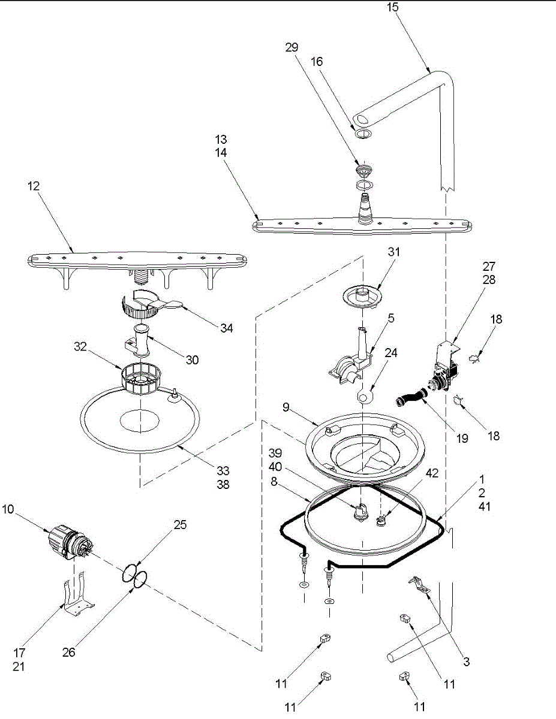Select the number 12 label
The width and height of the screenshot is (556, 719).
pos(33,186)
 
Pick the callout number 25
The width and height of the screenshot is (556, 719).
pos(180,525)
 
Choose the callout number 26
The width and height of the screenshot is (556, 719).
pos(69,652)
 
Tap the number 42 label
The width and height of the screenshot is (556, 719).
pos(432,473)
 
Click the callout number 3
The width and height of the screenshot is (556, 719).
pos(465,662)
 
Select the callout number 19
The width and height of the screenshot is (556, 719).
pos(462,438)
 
